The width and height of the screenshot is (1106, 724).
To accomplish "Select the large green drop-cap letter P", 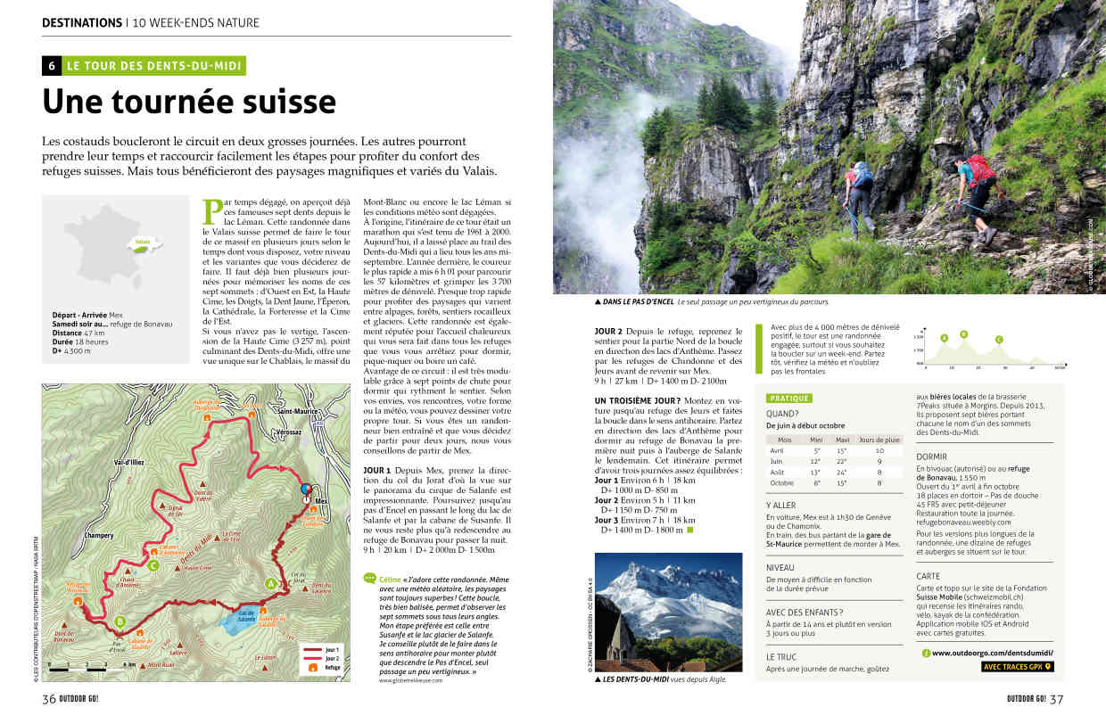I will (x=213, y=211).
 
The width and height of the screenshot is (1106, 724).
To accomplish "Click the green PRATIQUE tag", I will (x=789, y=398).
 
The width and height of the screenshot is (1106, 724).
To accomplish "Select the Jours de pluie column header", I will (x=879, y=440).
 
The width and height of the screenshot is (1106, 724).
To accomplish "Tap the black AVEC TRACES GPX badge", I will (x=1018, y=666).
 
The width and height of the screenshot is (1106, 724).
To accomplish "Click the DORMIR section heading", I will (x=931, y=456).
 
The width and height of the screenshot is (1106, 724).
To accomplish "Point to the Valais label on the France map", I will (x=142, y=241).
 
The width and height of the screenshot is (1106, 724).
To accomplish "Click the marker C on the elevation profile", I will (x=998, y=339).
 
